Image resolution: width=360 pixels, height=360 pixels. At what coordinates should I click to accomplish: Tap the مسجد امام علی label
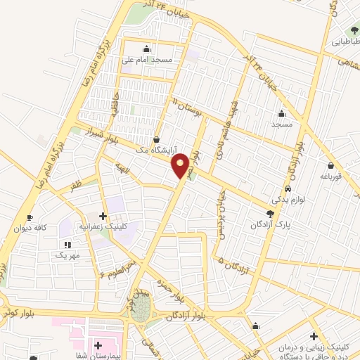[148, 60]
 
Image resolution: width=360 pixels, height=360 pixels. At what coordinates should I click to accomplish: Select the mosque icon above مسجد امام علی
[146, 49]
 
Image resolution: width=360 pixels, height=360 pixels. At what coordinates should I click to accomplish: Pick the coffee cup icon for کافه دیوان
[29, 217]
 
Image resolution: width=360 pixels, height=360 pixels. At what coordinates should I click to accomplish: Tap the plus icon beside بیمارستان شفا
[98, 345]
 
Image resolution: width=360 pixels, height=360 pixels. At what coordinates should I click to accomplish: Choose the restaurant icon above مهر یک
[67, 243]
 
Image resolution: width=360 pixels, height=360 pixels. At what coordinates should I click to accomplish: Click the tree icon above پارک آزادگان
[271, 213]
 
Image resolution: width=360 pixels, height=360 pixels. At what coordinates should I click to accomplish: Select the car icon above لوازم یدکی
[288, 190]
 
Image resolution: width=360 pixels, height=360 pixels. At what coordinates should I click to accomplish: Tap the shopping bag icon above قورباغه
[329, 166]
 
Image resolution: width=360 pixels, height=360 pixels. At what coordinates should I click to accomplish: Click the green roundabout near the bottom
[143, 310]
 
